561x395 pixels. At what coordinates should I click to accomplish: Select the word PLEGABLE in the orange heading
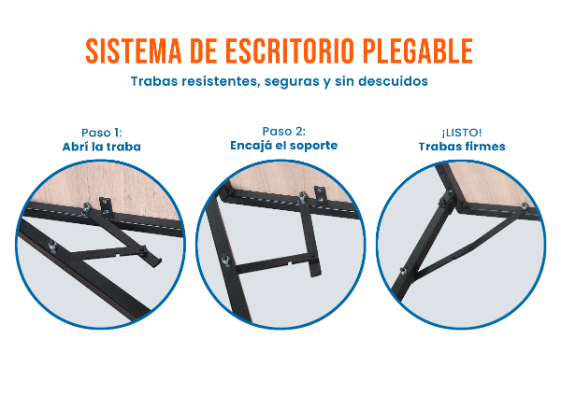click(418, 50)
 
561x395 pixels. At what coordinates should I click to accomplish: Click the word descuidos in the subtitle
click(394, 81)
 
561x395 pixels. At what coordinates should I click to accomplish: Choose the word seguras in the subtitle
click(292, 82)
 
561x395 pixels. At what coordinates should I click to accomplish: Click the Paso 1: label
click(102, 133)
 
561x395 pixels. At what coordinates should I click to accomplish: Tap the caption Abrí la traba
click(102, 147)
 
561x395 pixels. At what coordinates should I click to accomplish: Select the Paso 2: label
click(283, 131)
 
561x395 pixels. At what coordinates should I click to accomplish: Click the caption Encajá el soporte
click(283, 145)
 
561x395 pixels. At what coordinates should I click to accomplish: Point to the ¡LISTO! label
click(462, 133)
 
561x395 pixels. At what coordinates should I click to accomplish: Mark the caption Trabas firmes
click(462, 147)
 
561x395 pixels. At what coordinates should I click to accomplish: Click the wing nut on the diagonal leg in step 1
click(52, 247)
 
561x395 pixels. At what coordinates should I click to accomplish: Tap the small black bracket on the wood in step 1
click(106, 205)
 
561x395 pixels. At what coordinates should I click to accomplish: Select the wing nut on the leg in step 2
click(225, 261)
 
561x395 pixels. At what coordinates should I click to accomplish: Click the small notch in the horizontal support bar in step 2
click(290, 264)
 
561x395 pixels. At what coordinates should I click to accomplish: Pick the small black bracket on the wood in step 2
click(321, 195)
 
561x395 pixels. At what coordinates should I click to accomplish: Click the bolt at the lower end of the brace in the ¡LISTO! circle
click(403, 272)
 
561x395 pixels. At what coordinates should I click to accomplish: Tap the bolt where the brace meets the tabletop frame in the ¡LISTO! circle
click(525, 206)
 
